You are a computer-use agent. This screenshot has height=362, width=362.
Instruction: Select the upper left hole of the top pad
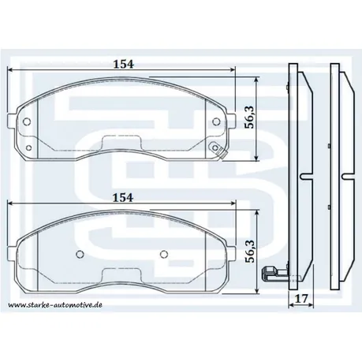tap(28, 121)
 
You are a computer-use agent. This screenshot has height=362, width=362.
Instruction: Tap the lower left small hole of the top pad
tap(28, 147)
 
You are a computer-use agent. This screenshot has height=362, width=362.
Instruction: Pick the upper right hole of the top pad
tap(217, 121)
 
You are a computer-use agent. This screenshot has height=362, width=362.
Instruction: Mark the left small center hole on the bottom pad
tap(80, 254)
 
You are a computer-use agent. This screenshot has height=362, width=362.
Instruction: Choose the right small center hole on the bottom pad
tap(163, 254)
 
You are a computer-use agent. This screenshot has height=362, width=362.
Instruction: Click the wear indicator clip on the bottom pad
tap(270, 275)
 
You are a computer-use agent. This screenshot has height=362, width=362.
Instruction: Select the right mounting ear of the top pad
tap(232, 122)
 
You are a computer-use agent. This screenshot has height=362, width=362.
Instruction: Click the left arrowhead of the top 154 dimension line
tap(10, 69)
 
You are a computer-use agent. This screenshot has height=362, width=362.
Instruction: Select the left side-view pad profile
tap(297, 174)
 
